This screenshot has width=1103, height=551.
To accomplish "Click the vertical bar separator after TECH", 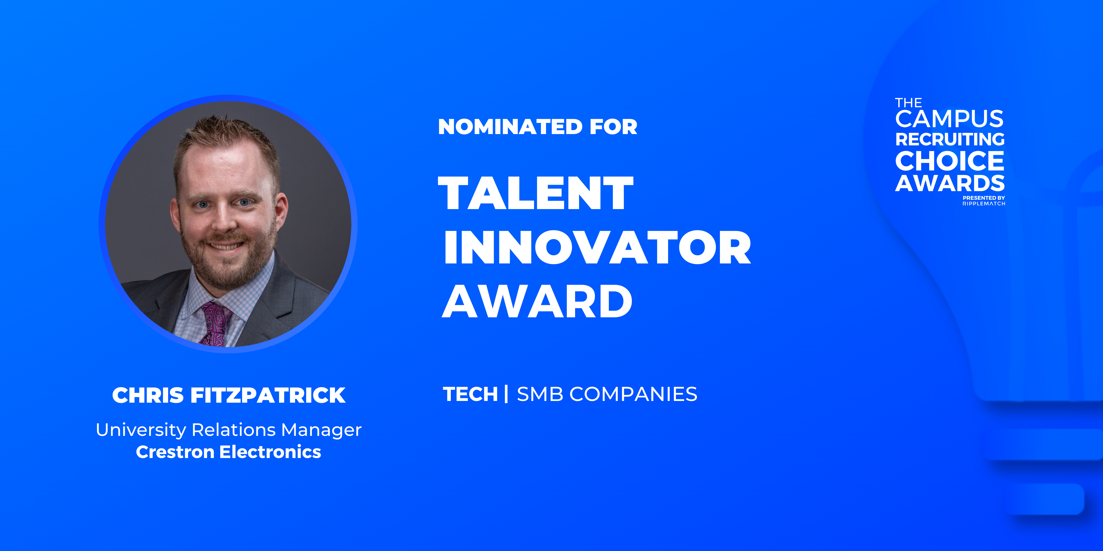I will click(x=506, y=394).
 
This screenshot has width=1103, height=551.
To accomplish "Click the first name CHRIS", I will click(x=148, y=395).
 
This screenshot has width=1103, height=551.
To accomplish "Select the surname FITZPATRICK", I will click(x=268, y=395).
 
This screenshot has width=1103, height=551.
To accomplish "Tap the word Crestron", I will click(x=175, y=452).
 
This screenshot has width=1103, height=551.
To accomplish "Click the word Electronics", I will click(x=270, y=452).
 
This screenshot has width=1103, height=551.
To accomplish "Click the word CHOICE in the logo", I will click(x=949, y=161).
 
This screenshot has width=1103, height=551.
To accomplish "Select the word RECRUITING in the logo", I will click(x=950, y=139).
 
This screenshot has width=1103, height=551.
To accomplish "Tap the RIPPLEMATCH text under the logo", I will click(x=984, y=204).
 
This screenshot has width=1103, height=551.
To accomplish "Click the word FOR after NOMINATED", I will click(x=613, y=127).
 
